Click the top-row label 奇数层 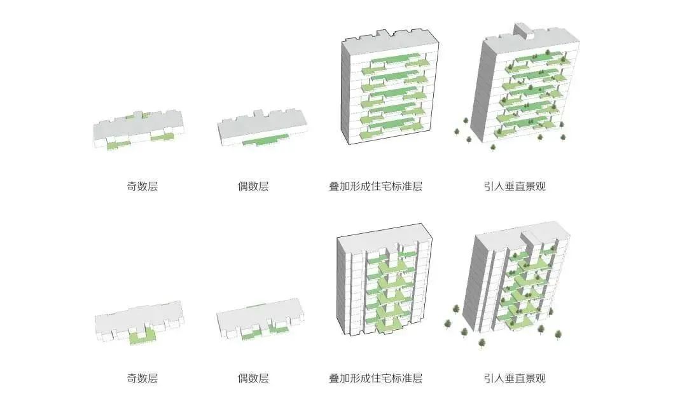142,187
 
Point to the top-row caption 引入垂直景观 514,187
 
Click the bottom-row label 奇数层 142,378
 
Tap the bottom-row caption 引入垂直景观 514,378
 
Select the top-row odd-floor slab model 139,130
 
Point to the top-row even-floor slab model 262,129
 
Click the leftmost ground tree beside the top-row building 457,132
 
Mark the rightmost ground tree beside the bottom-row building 559,334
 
